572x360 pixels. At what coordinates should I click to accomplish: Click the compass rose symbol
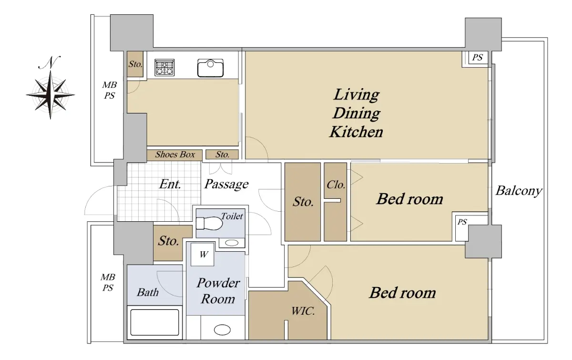coord(51,95)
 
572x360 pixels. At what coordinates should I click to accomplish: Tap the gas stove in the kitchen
coord(164,67)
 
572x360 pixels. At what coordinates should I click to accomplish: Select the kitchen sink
coord(210,68)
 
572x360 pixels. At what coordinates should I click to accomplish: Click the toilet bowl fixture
coord(209,223)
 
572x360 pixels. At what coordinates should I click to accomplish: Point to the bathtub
coord(155,322)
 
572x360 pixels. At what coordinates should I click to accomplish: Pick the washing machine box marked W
coord(203,254)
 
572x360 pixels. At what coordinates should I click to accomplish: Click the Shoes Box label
coord(175,154)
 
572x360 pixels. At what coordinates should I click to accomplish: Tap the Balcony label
coord(519,191)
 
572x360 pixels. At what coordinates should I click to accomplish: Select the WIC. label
coord(303,311)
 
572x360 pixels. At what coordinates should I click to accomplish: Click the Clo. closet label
coord(336,185)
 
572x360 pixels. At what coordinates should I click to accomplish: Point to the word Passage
coord(226,184)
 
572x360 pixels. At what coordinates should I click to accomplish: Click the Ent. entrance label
coord(170,184)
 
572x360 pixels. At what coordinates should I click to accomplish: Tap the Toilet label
coord(232,216)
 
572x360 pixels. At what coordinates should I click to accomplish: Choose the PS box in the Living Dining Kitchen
coord(477,58)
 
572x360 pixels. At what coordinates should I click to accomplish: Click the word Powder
coord(218,283)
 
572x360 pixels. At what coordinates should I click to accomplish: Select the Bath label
coord(148,293)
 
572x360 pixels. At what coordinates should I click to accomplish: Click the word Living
coord(357,95)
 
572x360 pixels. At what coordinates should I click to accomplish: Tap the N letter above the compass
coord(50,62)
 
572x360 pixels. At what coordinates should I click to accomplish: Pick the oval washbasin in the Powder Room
coord(222,330)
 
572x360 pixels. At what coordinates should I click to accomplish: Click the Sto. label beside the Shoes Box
coord(223,154)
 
